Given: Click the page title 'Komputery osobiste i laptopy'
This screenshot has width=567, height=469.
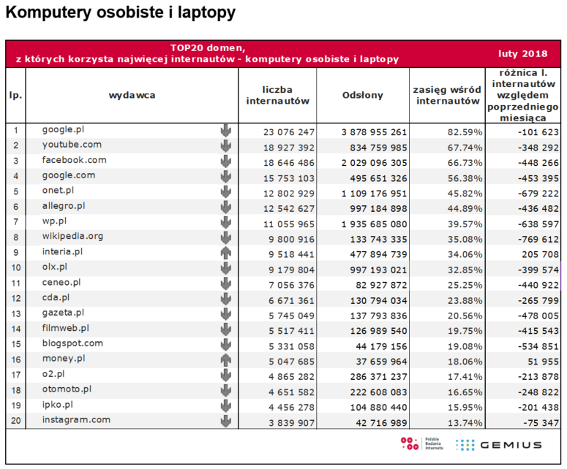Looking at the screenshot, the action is (121, 13).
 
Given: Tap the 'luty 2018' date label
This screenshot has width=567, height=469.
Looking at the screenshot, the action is (522, 54).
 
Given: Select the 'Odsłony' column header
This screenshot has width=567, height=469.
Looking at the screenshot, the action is (362, 95).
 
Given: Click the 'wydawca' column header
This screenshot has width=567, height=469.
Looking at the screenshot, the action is (132, 95).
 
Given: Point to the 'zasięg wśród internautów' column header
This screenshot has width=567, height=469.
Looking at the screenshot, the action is (447, 95).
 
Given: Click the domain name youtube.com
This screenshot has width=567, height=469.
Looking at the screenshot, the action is (72, 145).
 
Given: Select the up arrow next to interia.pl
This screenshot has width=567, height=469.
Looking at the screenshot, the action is (226, 253).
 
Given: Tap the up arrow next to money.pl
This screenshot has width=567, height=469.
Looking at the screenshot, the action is (226, 360).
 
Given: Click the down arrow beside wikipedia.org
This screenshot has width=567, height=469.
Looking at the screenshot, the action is (226, 237).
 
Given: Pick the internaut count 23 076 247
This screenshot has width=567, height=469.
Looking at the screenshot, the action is (288, 132).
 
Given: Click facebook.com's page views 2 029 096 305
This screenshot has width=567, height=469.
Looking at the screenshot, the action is (374, 163).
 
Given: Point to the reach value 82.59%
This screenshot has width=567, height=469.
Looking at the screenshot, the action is (465, 132).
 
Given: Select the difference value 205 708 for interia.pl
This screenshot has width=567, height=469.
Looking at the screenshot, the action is (540, 254).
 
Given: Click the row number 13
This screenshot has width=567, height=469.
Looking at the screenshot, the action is (16, 314).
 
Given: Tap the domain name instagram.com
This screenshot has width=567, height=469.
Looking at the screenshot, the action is (76, 420).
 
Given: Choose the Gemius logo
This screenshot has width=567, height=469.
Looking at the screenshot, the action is (499, 445).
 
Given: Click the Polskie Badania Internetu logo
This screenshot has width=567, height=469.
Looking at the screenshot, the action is (421, 443).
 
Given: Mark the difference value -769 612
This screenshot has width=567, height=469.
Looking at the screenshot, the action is (538, 240).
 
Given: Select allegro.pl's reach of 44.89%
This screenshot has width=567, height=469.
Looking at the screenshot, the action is (465, 209).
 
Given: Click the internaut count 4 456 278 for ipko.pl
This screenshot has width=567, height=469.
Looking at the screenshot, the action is (291, 407).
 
